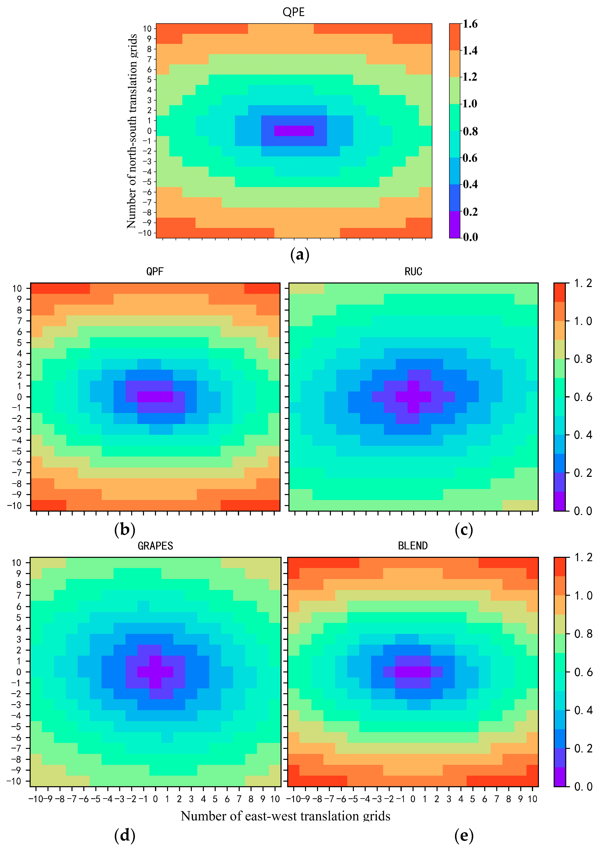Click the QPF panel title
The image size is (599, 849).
pyautogui.click(x=155, y=272)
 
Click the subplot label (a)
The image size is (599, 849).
pyautogui.click(x=300, y=255)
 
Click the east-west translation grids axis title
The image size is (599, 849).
pyautogui.click(x=286, y=816)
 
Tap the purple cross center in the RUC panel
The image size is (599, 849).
pyautogui.click(x=413, y=397)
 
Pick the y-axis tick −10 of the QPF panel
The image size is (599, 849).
pyautogui.click(x=15, y=505)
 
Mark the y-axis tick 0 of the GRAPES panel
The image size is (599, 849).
pyautogui.click(x=18, y=672)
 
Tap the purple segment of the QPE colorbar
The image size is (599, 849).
pyautogui.click(x=454, y=224)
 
